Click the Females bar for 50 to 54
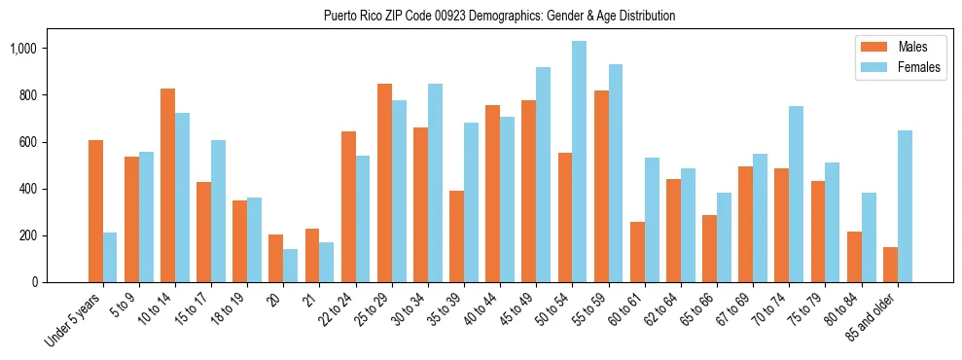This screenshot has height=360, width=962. point(579,162)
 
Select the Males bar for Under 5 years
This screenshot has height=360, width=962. point(95,211)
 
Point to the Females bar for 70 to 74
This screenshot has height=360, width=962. point(796,195)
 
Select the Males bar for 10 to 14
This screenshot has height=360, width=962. point(167,185)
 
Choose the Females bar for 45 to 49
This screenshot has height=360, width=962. point(543,175)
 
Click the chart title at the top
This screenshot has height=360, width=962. point(499,17)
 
